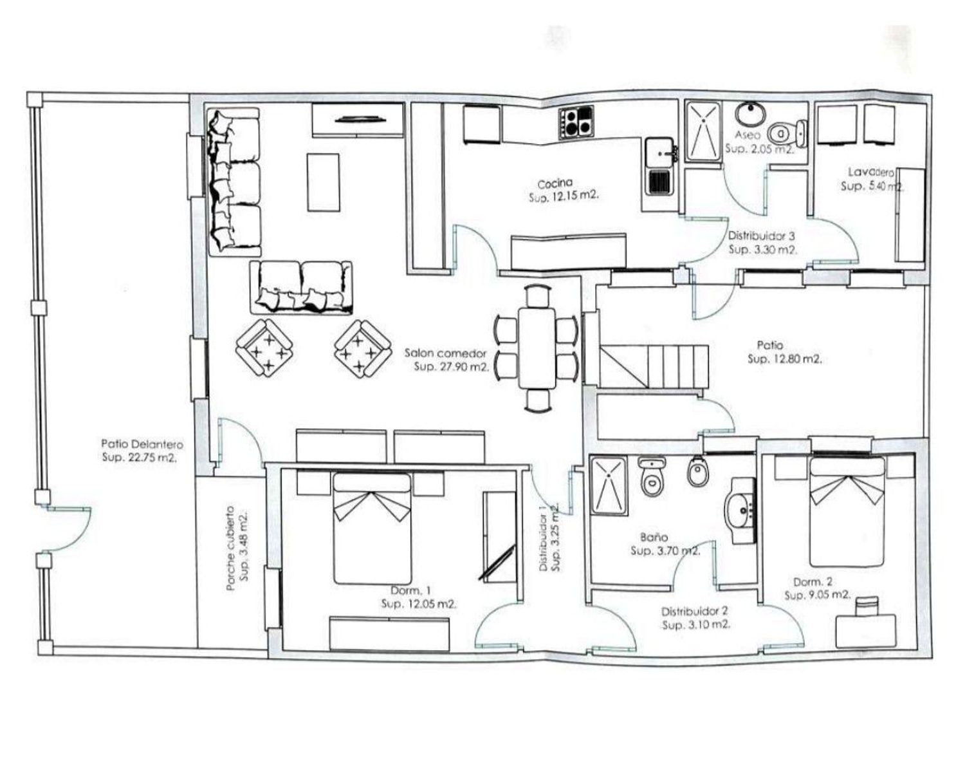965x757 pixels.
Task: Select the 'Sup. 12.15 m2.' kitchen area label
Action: pyautogui.click(x=564, y=197)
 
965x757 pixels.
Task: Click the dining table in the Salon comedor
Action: pyautogui.click(x=537, y=348)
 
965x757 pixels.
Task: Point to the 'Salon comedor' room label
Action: pyautogui.click(x=445, y=353)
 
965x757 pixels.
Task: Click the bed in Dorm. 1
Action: pyautogui.click(x=372, y=528)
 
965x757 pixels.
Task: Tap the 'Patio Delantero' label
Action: pyautogui.click(x=142, y=444)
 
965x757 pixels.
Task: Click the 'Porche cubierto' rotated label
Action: pyautogui.click(x=230, y=548)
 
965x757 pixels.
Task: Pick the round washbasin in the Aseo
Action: pyautogui.click(x=750, y=114)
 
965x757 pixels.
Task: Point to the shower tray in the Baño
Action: pyautogui.click(x=609, y=486)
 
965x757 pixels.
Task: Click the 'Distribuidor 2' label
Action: pyautogui.click(x=695, y=612)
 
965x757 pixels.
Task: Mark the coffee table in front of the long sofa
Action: pyautogui.click(x=324, y=183)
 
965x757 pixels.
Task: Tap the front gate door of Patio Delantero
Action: pyautogui.click(x=67, y=529)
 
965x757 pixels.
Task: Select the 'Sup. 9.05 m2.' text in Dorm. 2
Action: pyautogui.click(x=818, y=595)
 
